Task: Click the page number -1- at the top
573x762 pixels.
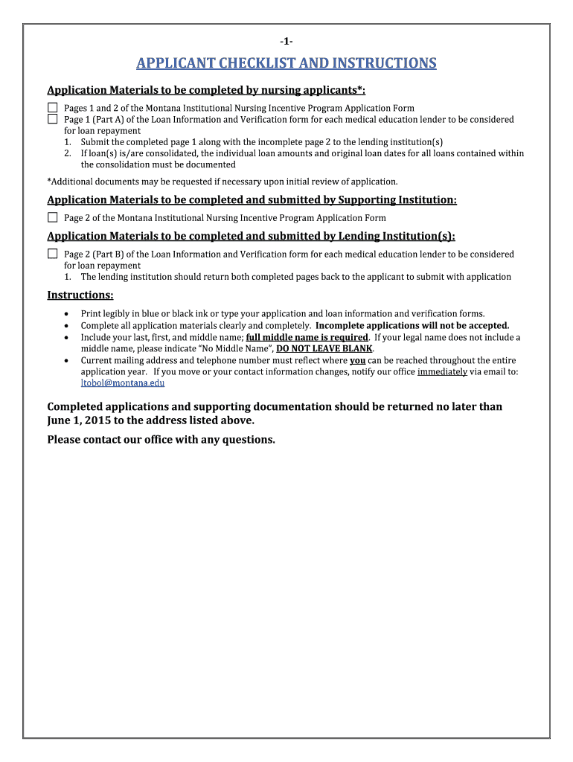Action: point(286,40)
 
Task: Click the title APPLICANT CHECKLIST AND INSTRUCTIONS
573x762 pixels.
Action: point(286,63)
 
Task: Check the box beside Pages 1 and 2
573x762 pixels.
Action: point(53,108)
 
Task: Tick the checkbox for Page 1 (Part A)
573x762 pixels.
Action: point(53,119)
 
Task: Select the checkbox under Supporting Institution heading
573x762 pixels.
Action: point(53,217)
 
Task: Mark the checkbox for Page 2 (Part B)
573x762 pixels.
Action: point(53,254)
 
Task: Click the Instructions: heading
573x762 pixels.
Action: point(80,295)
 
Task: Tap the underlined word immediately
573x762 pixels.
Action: point(442,371)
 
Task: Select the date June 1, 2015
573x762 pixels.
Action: point(83,420)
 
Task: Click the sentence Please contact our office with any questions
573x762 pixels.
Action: point(161,440)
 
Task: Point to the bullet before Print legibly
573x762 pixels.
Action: point(68,314)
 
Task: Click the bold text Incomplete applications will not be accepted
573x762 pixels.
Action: point(412,325)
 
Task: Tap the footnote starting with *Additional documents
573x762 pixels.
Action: point(223,181)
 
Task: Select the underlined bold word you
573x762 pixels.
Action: point(357,360)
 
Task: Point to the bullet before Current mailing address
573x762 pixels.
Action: point(68,360)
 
